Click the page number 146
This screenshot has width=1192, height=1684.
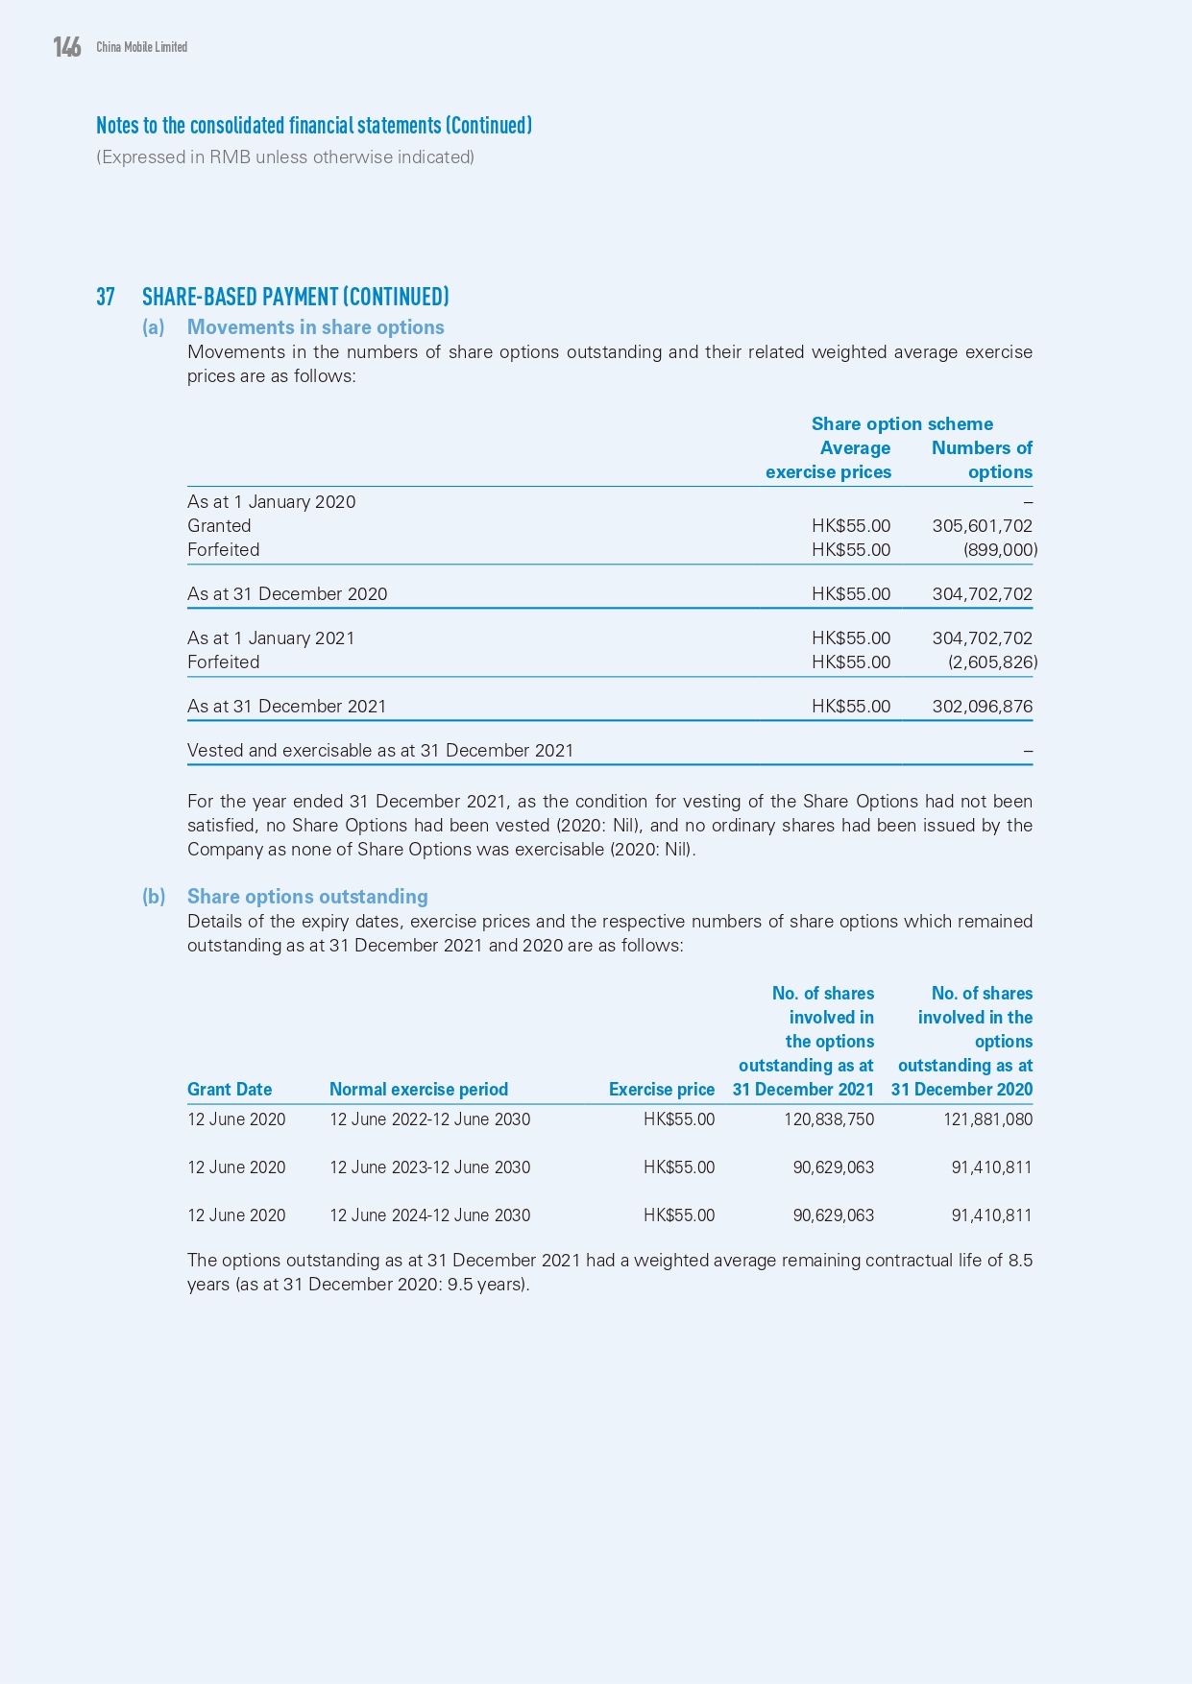[x=67, y=47]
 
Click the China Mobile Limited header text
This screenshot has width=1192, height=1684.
[x=141, y=47]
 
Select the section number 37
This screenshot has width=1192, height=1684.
[x=105, y=297]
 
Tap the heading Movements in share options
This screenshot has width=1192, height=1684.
[x=315, y=327]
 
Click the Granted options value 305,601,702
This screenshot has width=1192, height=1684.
[x=982, y=526]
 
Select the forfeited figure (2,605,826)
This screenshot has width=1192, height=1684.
[x=991, y=662]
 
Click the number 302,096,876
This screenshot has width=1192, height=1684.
[x=982, y=707]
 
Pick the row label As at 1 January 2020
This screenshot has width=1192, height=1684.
[x=271, y=502]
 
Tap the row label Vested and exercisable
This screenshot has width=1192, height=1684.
[x=379, y=751]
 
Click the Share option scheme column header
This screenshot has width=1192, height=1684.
[x=902, y=424]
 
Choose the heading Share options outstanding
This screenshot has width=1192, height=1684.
[x=307, y=897]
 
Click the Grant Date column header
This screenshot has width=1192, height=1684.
[x=230, y=1090]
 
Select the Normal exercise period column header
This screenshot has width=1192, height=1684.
[x=419, y=1090]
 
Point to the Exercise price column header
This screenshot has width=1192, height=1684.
[x=661, y=1090]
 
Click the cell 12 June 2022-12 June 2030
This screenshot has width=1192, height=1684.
[x=429, y=1119]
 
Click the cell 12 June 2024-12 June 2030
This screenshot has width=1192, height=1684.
[x=429, y=1215]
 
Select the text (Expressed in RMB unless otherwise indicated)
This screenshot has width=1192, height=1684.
[x=285, y=157]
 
